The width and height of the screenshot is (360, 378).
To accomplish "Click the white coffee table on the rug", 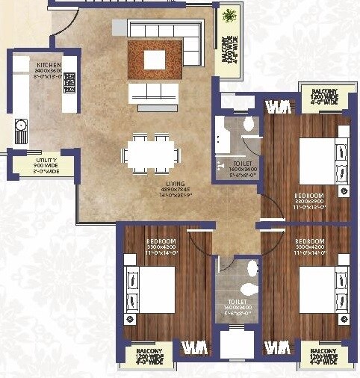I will click(x=155, y=59).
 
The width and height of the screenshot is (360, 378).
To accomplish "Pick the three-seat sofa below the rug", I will click(x=153, y=93).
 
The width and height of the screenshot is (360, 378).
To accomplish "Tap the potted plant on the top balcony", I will click(x=227, y=16).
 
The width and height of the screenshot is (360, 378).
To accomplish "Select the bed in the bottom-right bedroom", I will click(x=323, y=288).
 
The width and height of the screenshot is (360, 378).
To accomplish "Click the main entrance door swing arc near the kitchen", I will click(x=63, y=26).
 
